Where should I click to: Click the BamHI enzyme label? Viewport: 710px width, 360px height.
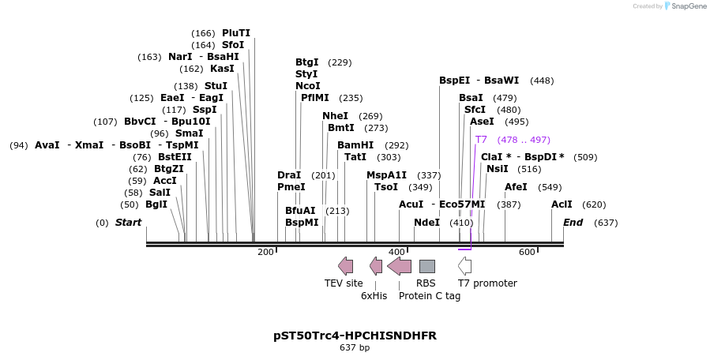point(355,145)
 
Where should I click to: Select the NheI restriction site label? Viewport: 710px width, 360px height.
point(335,116)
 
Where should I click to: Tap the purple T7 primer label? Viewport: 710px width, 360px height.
point(481,140)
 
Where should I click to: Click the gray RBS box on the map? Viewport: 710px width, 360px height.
point(426,266)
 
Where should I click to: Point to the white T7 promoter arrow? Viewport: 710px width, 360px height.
point(464,266)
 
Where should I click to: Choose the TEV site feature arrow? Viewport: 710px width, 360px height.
point(345,266)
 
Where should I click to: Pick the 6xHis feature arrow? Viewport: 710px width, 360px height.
point(376,266)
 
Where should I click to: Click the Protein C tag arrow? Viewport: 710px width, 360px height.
point(399,266)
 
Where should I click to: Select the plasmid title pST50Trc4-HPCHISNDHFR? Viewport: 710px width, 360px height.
point(355,336)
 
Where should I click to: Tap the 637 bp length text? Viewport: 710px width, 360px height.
point(355,347)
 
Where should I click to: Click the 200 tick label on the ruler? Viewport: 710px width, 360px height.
point(265,252)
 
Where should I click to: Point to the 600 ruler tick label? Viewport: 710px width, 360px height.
point(526,252)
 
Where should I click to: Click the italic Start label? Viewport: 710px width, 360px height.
point(128,223)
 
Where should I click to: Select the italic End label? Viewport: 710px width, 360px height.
point(572,223)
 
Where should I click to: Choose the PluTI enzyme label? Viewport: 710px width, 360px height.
point(236,33)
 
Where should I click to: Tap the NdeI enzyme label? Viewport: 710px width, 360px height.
point(426,223)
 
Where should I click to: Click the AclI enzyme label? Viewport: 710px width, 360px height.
point(562,204)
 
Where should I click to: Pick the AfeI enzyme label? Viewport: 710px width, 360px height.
point(516,187)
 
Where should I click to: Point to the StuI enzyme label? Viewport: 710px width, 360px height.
point(216,86)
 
